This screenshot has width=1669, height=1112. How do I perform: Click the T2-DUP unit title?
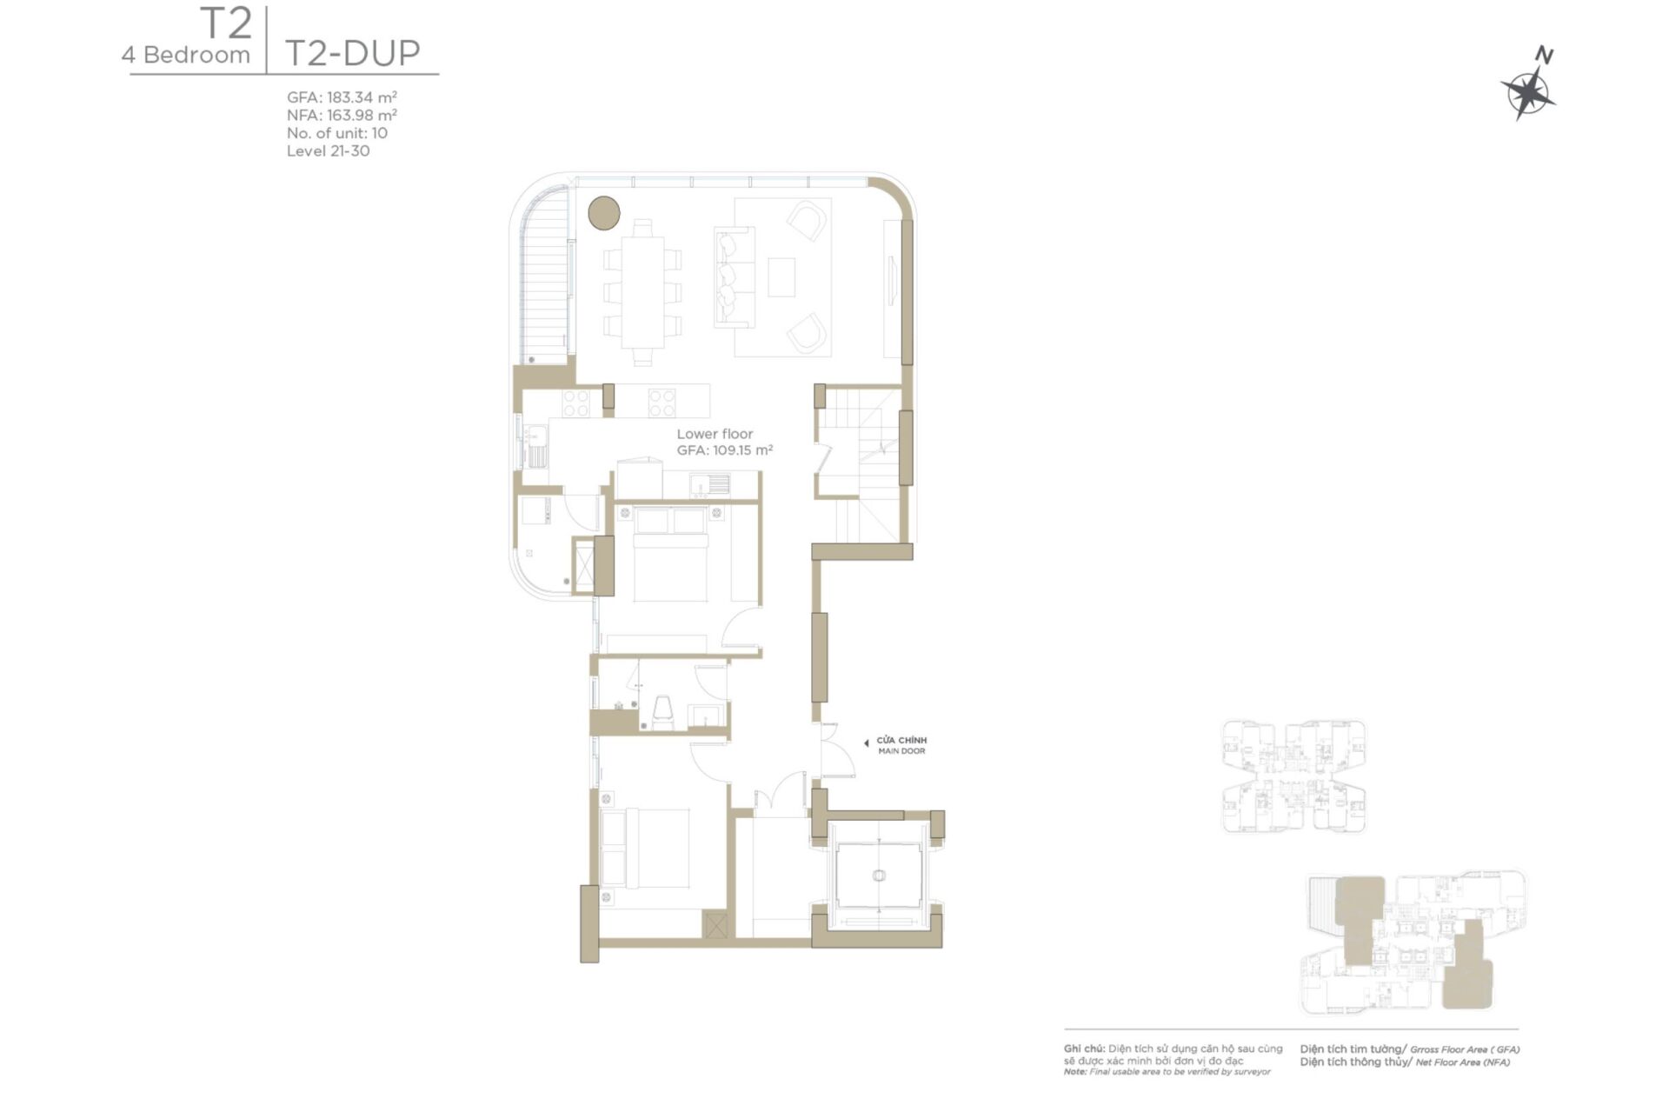(352, 53)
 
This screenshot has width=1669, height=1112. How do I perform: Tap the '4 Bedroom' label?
(186, 55)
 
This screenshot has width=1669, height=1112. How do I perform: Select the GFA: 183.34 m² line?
(342, 97)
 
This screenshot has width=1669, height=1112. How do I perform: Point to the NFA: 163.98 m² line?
(342, 115)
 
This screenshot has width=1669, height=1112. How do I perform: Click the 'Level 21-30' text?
(328, 150)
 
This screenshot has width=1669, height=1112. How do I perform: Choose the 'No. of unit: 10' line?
(336, 133)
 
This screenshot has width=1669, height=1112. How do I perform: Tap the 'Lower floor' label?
(715, 434)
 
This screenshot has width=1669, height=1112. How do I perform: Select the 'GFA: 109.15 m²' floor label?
(724, 450)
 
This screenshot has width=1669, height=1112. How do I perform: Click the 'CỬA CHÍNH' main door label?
(901, 741)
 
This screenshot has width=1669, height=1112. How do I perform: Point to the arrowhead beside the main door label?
(866, 743)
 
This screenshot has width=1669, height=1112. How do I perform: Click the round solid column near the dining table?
(603, 212)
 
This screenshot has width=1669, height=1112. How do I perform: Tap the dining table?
(642, 292)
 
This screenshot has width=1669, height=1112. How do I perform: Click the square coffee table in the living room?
(781, 277)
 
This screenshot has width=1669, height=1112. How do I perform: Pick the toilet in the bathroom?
(662, 710)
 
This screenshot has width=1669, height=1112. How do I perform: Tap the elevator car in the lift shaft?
(878, 875)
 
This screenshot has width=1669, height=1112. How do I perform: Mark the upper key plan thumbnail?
(1293, 776)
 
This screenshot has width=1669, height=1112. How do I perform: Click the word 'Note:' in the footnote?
(1075, 1072)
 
